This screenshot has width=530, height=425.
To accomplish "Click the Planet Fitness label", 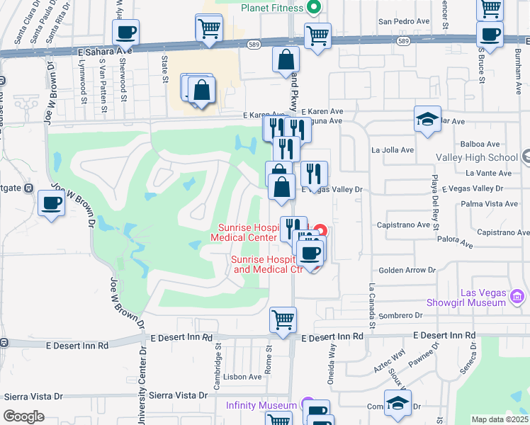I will pos(272,8).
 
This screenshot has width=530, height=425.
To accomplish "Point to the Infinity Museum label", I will pos(261,405).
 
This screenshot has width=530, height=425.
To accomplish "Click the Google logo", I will pos(23,416).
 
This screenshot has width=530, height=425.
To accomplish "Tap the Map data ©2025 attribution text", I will pos(499,419).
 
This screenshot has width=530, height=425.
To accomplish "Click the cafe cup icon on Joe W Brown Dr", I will pos(51,203).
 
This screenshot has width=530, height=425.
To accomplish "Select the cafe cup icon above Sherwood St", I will pos(125,33).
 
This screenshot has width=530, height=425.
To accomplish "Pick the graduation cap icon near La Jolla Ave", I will pos(427,120).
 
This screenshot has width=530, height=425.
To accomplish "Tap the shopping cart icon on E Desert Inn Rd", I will pos(283,319).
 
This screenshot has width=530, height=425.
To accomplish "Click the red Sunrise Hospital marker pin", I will pos(320,231).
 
